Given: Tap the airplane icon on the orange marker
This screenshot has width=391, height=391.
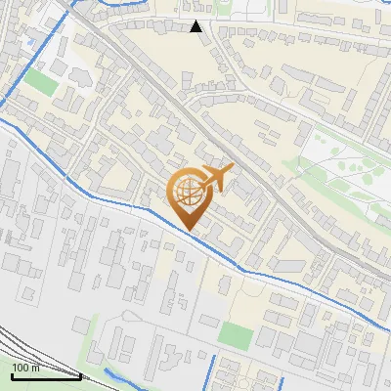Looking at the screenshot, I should (x=214, y=179).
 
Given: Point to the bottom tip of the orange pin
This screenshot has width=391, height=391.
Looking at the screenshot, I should (x=188, y=231).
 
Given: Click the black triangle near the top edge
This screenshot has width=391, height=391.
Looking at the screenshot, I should (x=196, y=26).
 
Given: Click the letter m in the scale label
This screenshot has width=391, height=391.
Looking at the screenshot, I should (x=35, y=368).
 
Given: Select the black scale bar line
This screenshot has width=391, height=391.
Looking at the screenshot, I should (x=45, y=375).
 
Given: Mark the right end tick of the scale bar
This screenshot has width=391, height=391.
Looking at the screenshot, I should (x=80, y=374).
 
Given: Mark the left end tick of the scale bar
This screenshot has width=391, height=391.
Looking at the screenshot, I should (x=10, y=374).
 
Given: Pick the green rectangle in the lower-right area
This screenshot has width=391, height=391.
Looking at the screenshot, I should (x=235, y=335).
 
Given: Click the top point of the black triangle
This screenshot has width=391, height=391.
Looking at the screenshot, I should (x=196, y=21).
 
